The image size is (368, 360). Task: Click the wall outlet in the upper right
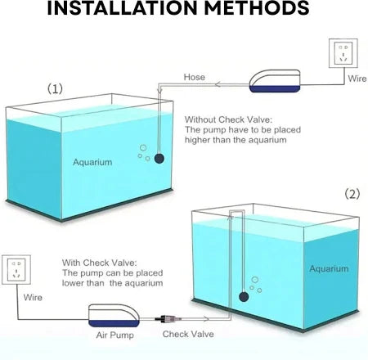[343, 53]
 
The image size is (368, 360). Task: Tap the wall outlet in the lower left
[16, 270]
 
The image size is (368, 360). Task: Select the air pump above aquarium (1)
[275, 81]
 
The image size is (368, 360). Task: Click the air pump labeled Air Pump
[114, 315]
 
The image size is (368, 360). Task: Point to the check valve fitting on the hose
[168, 318]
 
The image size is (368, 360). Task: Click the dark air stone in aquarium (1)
[159, 158]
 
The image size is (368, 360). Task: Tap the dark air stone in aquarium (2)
[244, 297]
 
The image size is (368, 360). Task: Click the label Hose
[195, 77]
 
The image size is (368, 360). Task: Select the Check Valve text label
[188, 334]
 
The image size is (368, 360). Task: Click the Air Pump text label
[114, 335]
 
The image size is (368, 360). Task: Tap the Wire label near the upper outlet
[357, 79]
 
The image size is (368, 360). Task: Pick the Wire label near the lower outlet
[33, 297]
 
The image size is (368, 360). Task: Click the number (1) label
[55, 88]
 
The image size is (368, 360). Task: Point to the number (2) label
[352, 194]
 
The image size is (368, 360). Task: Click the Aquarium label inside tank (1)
[92, 162]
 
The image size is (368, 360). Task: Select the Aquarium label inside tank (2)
[329, 269]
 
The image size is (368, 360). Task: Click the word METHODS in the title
[257, 7]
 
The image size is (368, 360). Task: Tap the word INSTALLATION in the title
[123, 7]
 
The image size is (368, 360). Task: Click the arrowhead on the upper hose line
[218, 84]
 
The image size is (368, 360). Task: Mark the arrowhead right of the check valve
[206, 318]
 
